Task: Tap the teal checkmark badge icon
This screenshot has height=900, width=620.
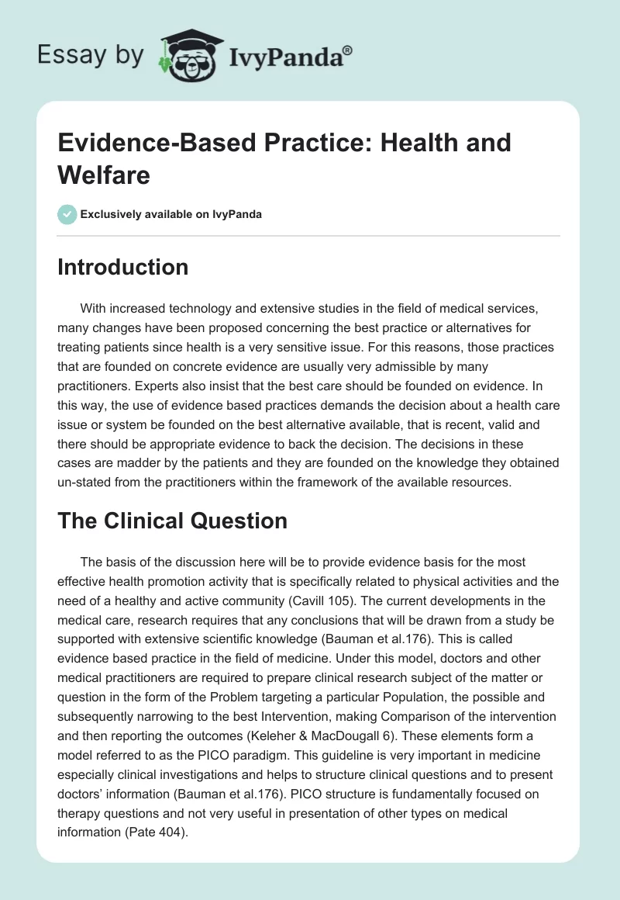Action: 67,214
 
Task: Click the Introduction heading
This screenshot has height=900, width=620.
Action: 123,267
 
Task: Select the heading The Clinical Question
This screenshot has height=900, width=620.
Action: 173,521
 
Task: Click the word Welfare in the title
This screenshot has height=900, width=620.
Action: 104,175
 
